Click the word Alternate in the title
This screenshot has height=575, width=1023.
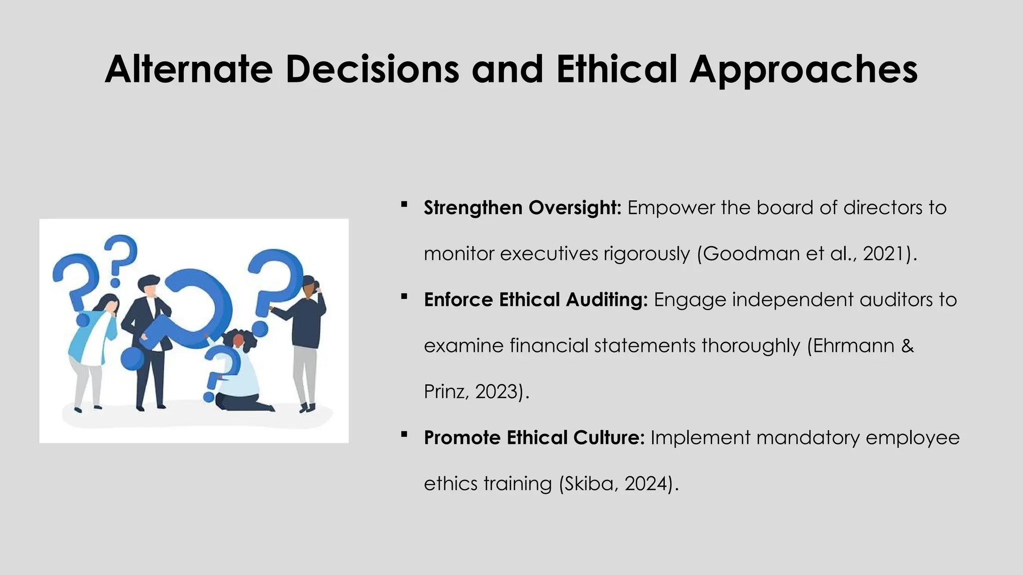[189, 69]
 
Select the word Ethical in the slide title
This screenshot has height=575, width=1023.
[616, 69]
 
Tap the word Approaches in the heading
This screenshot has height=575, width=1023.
[803, 70]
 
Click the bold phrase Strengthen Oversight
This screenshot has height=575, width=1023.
[522, 208]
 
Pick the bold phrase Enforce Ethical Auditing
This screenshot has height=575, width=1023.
[535, 299]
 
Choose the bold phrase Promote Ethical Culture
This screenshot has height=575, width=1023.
[534, 438]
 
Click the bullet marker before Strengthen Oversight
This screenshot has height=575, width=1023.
[404, 204]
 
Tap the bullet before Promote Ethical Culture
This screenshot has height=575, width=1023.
[404, 434]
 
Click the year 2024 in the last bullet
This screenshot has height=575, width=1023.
[645, 484]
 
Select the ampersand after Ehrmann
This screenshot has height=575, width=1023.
[908, 345]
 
